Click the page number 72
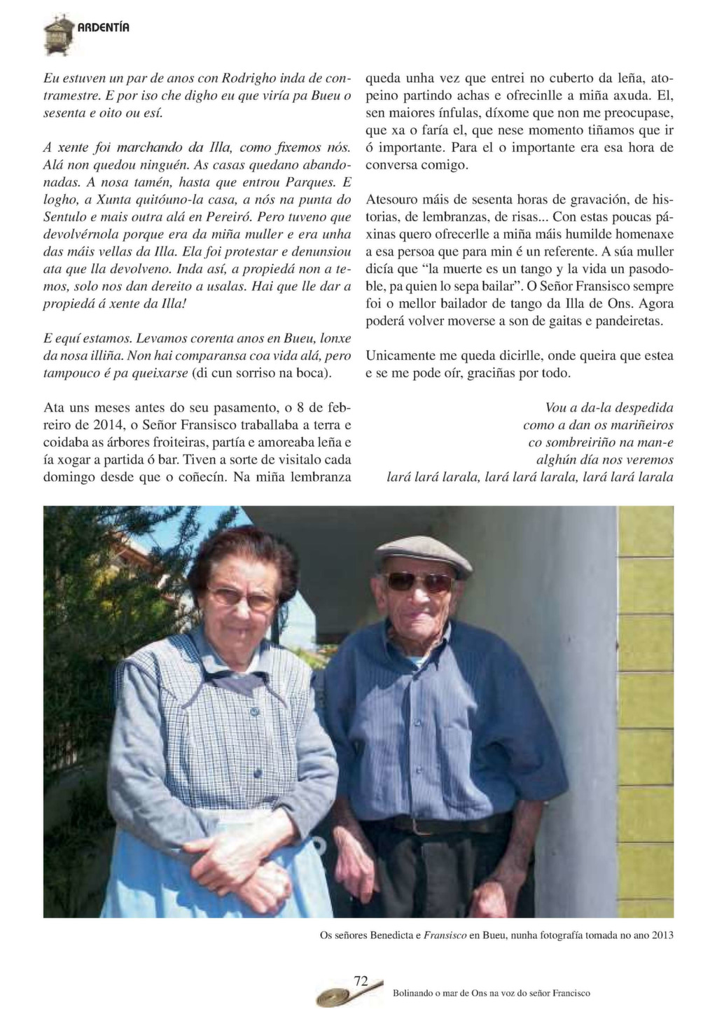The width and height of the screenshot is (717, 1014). (x=361, y=980)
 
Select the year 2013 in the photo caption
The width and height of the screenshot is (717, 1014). (x=662, y=935)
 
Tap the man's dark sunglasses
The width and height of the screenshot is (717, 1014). (x=419, y=581)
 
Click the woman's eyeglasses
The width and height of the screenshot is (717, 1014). (x=242, y=597)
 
